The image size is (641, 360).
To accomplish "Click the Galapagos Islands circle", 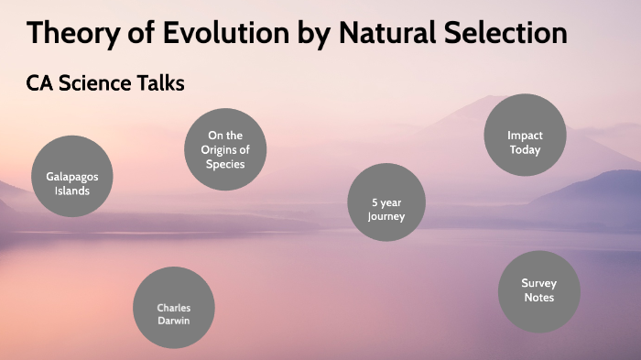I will (x=72, y=176).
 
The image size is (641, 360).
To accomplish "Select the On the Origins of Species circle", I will (x=224, y=149).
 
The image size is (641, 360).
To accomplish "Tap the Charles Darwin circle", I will (x=173, y=308).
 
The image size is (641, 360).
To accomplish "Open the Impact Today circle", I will (x=525, y=136).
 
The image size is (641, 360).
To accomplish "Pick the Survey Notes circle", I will (x=538, y=290).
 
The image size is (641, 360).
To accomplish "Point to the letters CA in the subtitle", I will (x=41, y=83).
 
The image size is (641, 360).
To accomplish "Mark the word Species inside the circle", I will (x=224, y=164).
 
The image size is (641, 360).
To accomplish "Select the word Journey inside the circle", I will (x=386, y=217).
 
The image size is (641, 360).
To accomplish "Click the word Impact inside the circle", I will (x=525, y=136).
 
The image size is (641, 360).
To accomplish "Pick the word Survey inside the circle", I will (x=538, y=283).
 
